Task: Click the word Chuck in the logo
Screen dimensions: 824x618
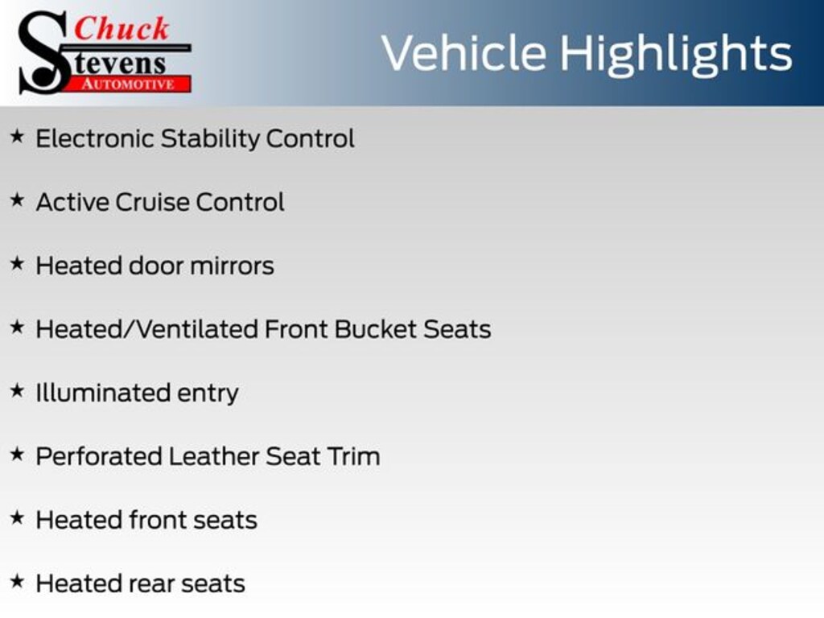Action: pos(122,28)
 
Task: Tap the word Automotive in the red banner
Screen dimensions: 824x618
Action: pos(128,84)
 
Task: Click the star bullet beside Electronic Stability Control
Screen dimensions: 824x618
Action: pos(18,137)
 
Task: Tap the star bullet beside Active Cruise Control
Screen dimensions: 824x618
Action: pos(18,200)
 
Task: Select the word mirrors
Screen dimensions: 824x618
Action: pos(232,266)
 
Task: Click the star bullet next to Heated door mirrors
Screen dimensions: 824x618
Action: pos(18,263)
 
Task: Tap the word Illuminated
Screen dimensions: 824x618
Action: pos(104,393)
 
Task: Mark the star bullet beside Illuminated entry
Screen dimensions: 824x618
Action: pos(18,390)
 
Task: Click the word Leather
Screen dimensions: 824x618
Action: pos(214,457)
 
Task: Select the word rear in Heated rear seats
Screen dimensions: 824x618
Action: pos(151,585)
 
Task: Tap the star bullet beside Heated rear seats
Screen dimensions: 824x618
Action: pos(18,581)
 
